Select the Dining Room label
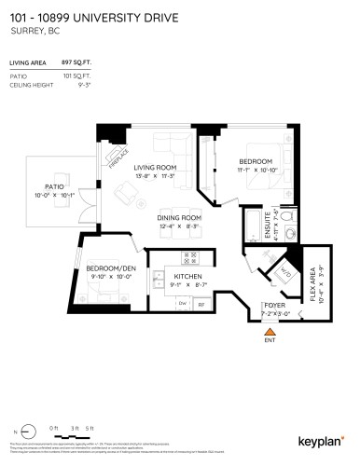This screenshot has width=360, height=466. pyautogui.click(x=173, y=218)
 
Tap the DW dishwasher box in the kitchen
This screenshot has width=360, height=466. pyautogui.click(x=183, y=303)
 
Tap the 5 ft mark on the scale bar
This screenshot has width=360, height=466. pyautogui.click(x=90, y=428)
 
